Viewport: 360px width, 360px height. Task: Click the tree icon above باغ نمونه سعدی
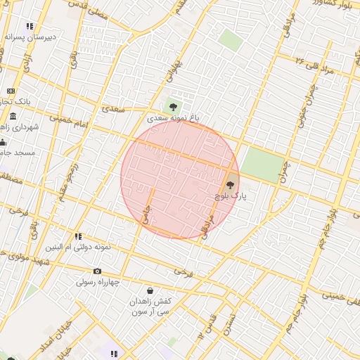click(x=173, y=107)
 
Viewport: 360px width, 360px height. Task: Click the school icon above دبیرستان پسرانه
click(x=30, y=26)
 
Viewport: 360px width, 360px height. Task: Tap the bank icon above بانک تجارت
click(x=11, y=91)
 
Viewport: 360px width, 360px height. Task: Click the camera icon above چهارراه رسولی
click(x=97, y=271)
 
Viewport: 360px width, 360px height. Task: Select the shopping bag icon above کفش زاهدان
click(x=150, y=290)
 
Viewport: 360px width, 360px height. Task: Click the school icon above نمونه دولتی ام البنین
click(x=78, y=237)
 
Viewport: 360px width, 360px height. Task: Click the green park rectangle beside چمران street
click(x=262, y=165)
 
